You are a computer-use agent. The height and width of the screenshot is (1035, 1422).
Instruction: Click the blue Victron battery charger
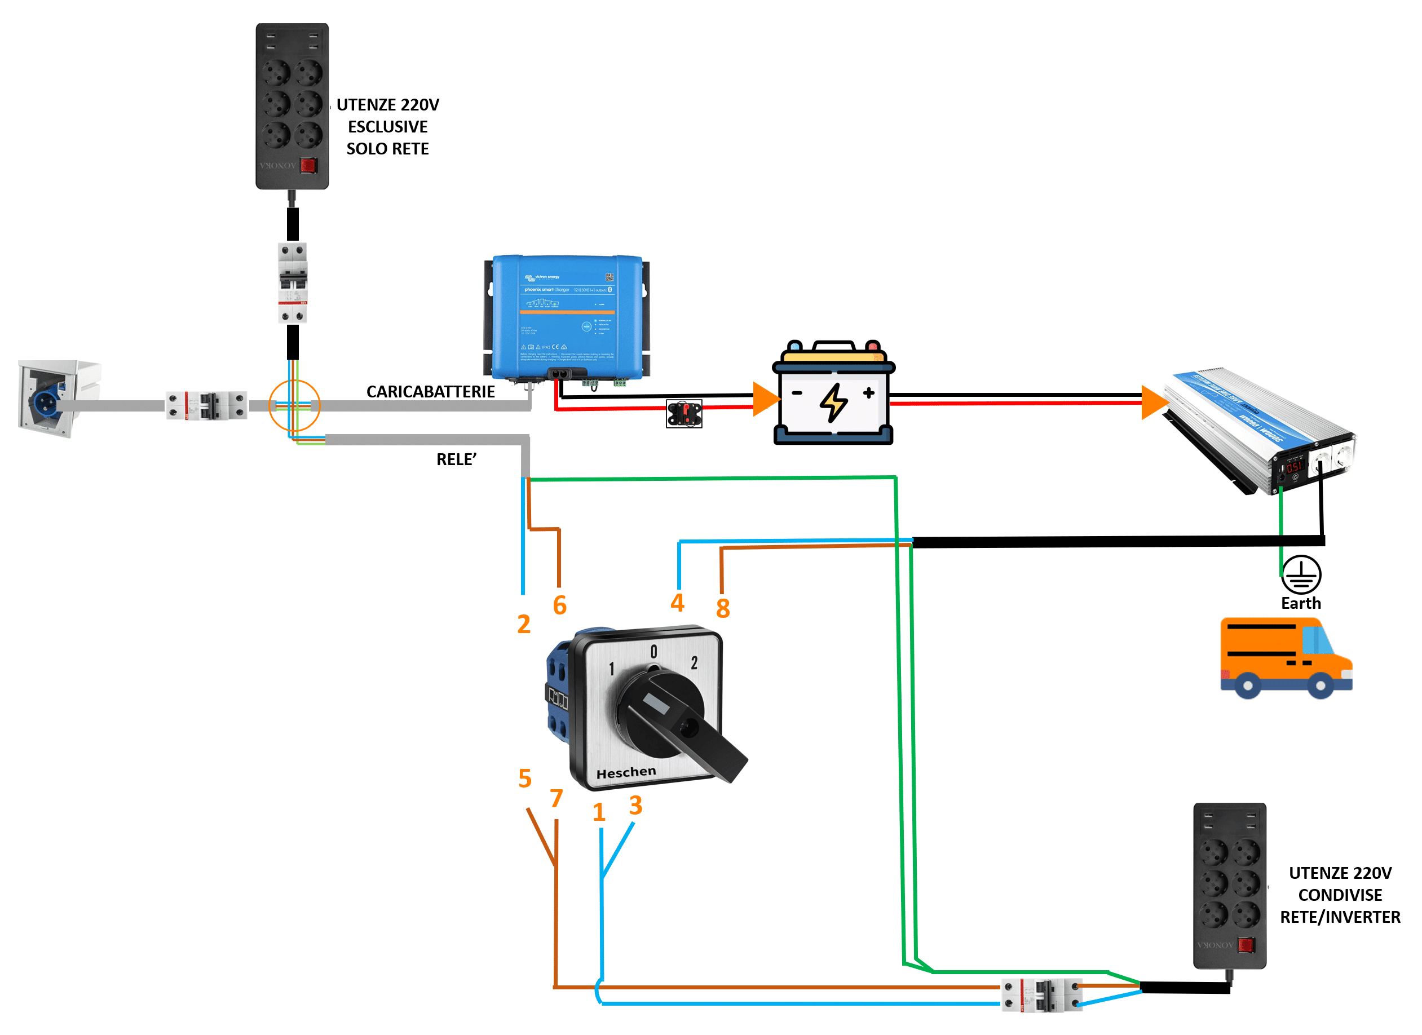567,319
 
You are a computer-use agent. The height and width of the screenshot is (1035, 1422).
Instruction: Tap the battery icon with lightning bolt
833,393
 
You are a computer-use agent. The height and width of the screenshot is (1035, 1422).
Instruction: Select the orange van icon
1286,658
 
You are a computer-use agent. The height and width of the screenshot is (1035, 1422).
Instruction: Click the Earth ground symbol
1301,575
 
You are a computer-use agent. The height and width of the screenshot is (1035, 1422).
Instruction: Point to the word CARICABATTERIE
430,392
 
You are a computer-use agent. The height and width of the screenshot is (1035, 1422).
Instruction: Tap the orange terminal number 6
560,605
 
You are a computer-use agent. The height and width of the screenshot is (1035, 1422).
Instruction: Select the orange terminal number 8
723,609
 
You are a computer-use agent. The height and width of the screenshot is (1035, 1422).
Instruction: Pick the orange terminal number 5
525,779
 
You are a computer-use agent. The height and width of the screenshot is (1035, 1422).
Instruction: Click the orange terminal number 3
636,806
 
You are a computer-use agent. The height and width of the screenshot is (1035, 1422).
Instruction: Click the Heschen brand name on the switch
626,772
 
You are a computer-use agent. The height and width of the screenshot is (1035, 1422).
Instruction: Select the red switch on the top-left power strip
308,166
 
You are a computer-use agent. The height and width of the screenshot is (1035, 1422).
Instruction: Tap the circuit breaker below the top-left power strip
293,283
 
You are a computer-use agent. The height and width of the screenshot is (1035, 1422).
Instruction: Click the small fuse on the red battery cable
684,414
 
